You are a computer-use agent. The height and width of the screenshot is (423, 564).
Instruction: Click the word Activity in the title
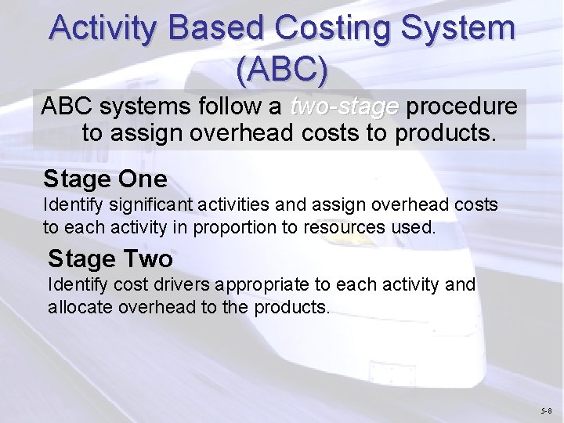tap(103, 30)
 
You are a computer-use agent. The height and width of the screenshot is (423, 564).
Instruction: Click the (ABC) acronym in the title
tap(281, 70)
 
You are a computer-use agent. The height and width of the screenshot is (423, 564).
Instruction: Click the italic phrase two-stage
tap(344, 107)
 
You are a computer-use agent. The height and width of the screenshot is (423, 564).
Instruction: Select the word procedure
tap(462, 107)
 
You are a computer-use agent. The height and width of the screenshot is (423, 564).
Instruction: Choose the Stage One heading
tap(105, 179)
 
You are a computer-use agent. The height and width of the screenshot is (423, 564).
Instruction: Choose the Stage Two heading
tap(110, 258)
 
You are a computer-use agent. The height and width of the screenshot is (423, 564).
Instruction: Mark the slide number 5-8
tap(545, 410)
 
